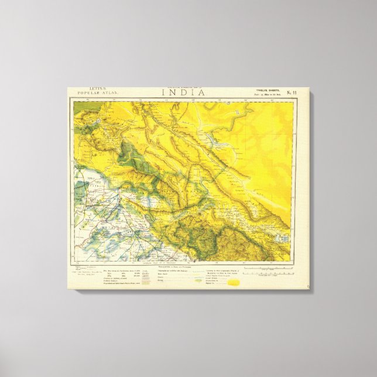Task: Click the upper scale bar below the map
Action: point(266,268)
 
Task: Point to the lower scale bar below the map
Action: point(266,273)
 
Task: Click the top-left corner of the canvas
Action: point(68,88)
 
